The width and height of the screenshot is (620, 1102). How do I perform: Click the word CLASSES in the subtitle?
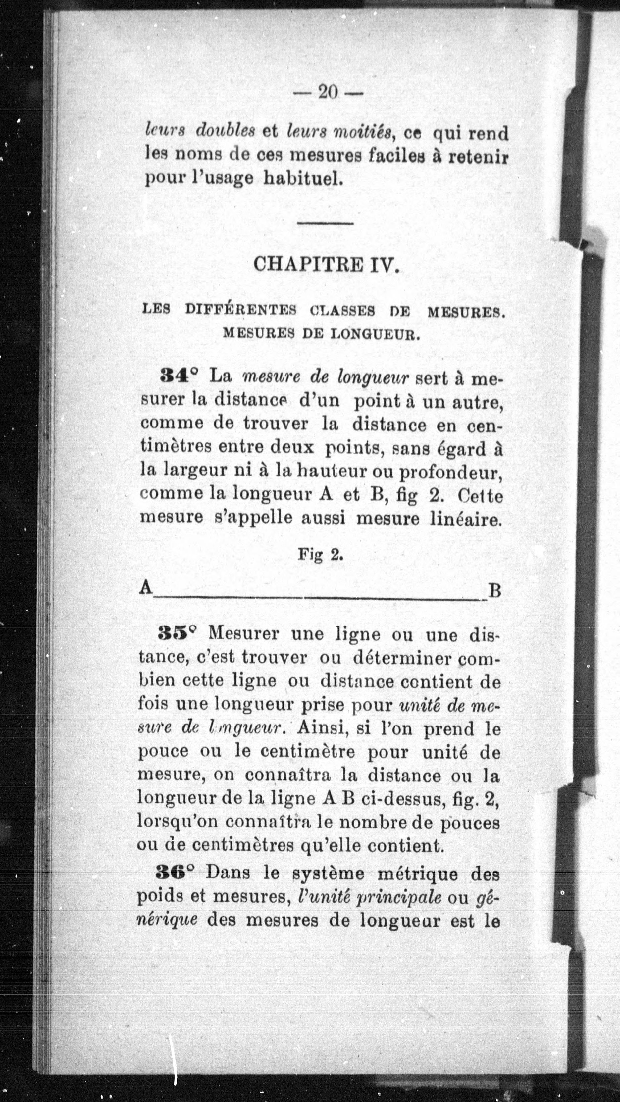click(x=342, y=311)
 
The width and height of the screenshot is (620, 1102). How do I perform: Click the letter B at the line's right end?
click(x=494, y=591)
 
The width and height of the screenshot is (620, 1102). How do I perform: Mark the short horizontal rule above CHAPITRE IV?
click(x=325, y=223)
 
